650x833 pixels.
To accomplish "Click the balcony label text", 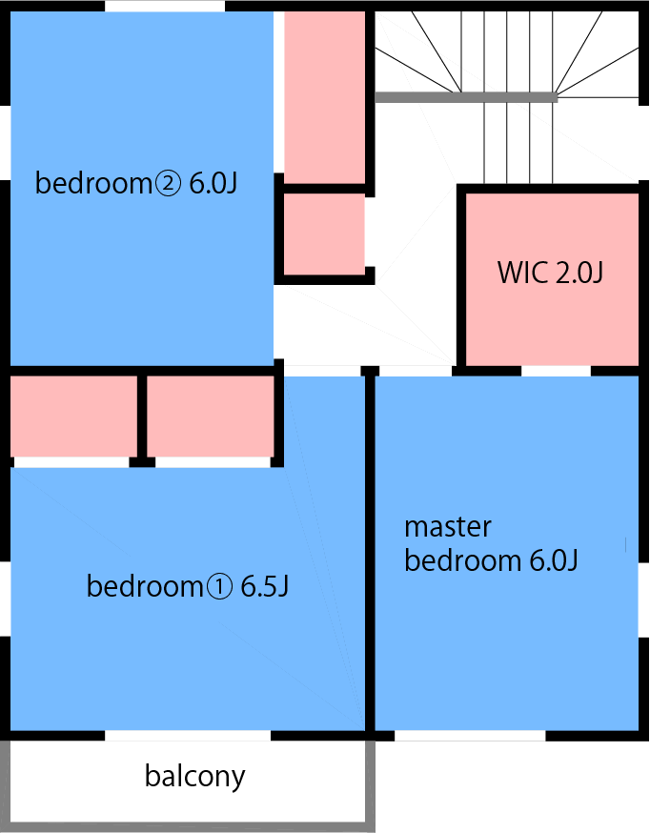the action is pos(194,777).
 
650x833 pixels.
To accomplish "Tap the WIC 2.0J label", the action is pos(550,272).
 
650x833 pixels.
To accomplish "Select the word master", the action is pos(448,527).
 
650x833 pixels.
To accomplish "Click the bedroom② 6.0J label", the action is pos(136,183).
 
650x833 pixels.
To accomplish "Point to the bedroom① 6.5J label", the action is pos(188,586).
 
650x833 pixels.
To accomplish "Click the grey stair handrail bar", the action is pos(466,97).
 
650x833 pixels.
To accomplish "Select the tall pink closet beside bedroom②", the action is pos(324,98).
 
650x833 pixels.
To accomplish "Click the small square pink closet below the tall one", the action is pos(324,234).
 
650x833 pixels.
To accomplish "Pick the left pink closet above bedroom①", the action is pos(73,416).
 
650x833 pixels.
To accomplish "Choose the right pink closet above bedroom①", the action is pos(211,416).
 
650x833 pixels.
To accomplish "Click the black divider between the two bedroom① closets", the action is pos(142,419).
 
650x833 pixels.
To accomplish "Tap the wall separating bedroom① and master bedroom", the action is pos(370,553).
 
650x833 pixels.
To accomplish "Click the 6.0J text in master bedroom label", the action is pos(554,560).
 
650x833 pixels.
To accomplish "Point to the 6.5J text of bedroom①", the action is pos(264,586).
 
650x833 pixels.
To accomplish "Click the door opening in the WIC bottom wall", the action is pos(556,371).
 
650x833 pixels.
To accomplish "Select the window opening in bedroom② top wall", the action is pos(165,6).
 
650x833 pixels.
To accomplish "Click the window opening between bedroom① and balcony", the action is pos(188,736).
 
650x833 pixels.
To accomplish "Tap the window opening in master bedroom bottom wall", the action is pos(470,736).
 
